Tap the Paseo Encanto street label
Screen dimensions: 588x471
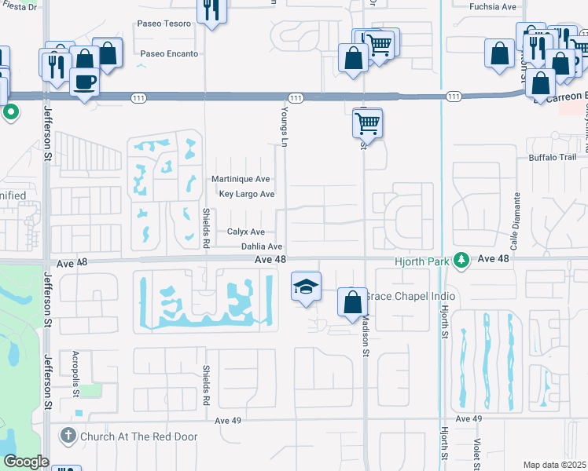pyautogui.click(x=168, y=54)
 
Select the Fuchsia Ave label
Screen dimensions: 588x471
pyautogui.click(x=493, y=6)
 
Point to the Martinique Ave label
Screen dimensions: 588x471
pyautogui.click(x=241, y=179)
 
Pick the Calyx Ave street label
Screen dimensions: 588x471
pyautogui.click(x=245, y=232)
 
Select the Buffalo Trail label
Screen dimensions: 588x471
pyautogui.click(x=554, y=156)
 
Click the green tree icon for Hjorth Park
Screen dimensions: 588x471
pyautogui.click(x=464, y=259)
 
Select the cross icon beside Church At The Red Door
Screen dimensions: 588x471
pyautogui.click(x=68, y=434)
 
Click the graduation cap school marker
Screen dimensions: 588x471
pyautogui.click(x=306, y=286)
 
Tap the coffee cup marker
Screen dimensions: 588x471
pyautogui.click(x=85, y=81)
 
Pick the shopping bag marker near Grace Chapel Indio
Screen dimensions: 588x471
pyautogui.click(x=351, y=301)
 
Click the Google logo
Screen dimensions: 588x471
pyautogui.click(x=25, y=462)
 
